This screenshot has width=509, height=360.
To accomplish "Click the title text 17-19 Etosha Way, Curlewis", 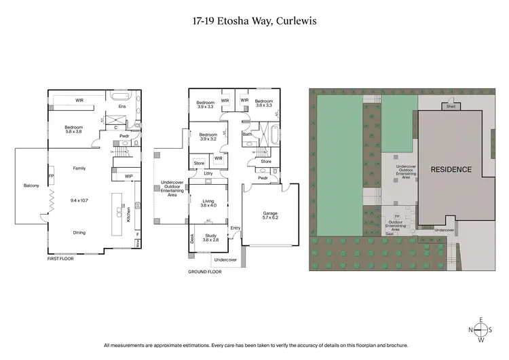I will [254, 21].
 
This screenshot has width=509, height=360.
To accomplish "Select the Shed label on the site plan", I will [450, 107].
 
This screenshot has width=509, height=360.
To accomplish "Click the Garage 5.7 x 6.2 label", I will [270, 215].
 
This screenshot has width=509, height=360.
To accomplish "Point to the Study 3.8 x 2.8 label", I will [210, 238].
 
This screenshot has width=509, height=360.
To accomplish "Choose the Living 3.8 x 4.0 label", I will [208, 203].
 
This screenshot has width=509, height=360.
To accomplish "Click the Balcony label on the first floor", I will [32, 185].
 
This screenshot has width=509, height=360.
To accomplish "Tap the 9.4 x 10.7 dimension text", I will [79, 202].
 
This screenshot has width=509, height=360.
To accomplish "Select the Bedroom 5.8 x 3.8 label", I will [73, 130].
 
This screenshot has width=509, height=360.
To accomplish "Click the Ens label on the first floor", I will [122, 107].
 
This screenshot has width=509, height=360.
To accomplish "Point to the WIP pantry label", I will [128, 177].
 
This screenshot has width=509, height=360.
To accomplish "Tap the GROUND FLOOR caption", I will [205, 272].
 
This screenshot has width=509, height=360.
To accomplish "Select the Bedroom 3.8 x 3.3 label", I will [264, 103].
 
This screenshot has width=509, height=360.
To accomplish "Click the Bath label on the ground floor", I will [247, 134].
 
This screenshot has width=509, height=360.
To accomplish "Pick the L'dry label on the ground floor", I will [208, 174].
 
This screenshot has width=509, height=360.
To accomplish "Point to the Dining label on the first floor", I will [79, 233].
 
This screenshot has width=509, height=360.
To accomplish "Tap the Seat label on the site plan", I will [390, 234].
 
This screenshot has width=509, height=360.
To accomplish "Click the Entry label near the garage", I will [235, 228].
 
